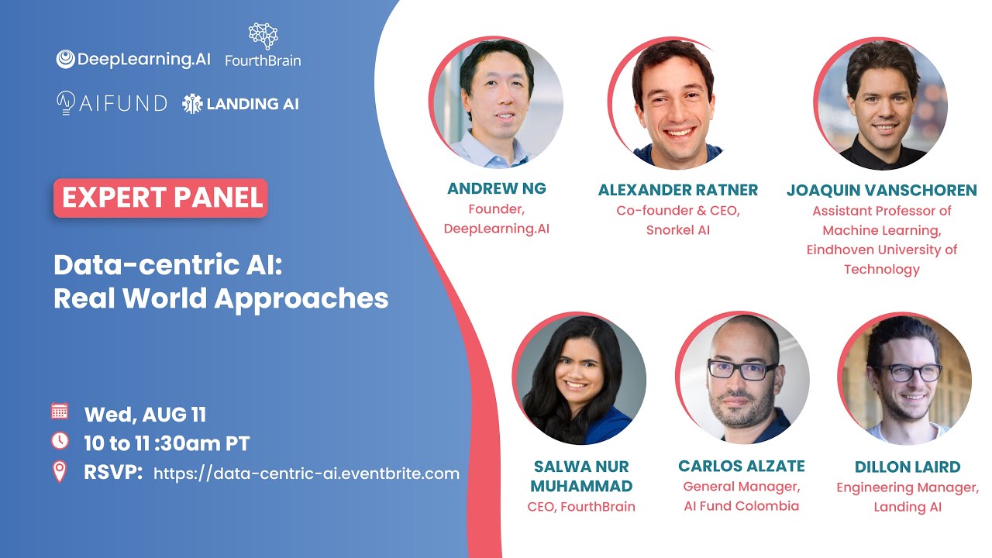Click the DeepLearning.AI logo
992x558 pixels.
(133, 60)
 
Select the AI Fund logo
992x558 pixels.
(112, 103)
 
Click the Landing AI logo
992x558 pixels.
(240, 103)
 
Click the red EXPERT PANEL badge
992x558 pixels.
(160, 198)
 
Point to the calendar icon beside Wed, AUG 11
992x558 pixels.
(60, 412)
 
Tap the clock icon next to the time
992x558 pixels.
(60, 441)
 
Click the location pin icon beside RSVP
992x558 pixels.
(60, 472)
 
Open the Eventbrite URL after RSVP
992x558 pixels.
(306, 473)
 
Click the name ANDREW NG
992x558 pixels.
(496, 188)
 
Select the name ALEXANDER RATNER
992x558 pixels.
(678, 190)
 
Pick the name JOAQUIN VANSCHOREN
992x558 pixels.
(881, 190)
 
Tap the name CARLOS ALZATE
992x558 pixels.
(742, 466)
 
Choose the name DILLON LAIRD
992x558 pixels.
(908, 467)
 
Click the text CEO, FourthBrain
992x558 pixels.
(581, 507)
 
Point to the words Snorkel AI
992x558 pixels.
(678, 230)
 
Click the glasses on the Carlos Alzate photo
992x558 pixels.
(742, 370)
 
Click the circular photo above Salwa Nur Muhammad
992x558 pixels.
(579, 380)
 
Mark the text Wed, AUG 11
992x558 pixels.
(145, 415)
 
